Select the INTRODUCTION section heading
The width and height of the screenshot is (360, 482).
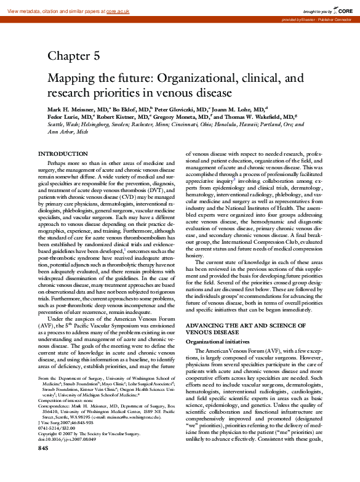pyautogui.click(x=63, y=153)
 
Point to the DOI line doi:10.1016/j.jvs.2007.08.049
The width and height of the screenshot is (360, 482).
pyautogui.click(x=68, y=455)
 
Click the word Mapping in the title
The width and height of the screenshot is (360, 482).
pyautogui.click(x=72, y=79)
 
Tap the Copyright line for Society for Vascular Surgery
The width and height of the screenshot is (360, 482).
pyautogui.click(x=89, y=449)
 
